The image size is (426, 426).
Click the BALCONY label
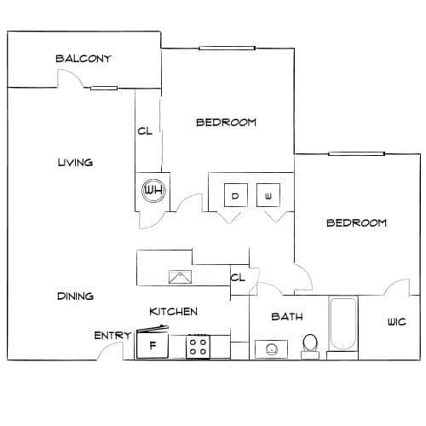(x=83, y=59)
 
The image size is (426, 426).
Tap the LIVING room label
(x=75, y=163)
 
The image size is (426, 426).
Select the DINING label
(x=75, y=296)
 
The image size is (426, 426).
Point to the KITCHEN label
(x=173, y=312)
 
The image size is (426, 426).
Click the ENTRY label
(x=112, y=336)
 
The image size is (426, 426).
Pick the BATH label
(x=287, y=317)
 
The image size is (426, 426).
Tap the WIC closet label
(x=397, y=322)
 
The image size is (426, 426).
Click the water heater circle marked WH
(x=153, y=190)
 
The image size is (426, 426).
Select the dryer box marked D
(x=235, y=195)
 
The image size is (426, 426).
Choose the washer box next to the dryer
(x=268, y=195)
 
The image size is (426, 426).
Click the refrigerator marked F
(x=153, y=345)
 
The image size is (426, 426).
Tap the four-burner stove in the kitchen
(x=199, y=347)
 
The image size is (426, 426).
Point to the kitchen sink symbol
(x=180, y=277)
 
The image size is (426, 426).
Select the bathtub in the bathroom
(x=343, y=324)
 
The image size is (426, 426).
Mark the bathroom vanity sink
(x=271, y=349)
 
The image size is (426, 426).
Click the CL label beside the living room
(x=145, y=131)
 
